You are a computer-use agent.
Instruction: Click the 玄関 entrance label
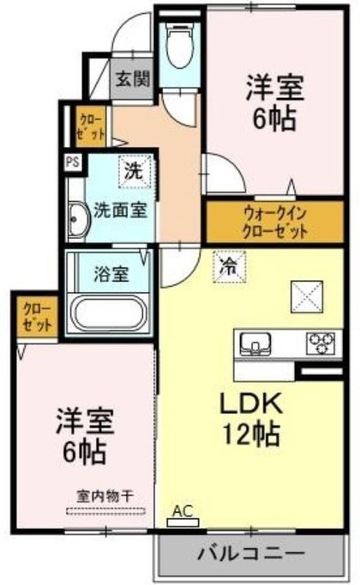point(132,79)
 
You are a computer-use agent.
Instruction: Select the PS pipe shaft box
point(73,162)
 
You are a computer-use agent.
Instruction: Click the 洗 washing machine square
point(134,170)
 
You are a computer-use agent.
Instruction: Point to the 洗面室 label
point(120,210)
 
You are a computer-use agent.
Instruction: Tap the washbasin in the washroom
point(79,221)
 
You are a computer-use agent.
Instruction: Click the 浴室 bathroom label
point(111,274)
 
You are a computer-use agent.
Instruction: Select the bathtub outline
point(110,313)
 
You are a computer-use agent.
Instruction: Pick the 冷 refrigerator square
point(229,266)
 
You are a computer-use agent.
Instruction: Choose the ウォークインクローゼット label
point(275,223)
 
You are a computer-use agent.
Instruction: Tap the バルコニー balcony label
point(251,554)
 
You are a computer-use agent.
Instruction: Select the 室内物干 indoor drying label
point(105,497)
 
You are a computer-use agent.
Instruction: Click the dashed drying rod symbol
point(105,511)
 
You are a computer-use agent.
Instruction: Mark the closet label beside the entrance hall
point(91,127)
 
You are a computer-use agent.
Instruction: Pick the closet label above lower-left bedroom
point(37,317)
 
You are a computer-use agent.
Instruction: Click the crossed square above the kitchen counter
point(307,297)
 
